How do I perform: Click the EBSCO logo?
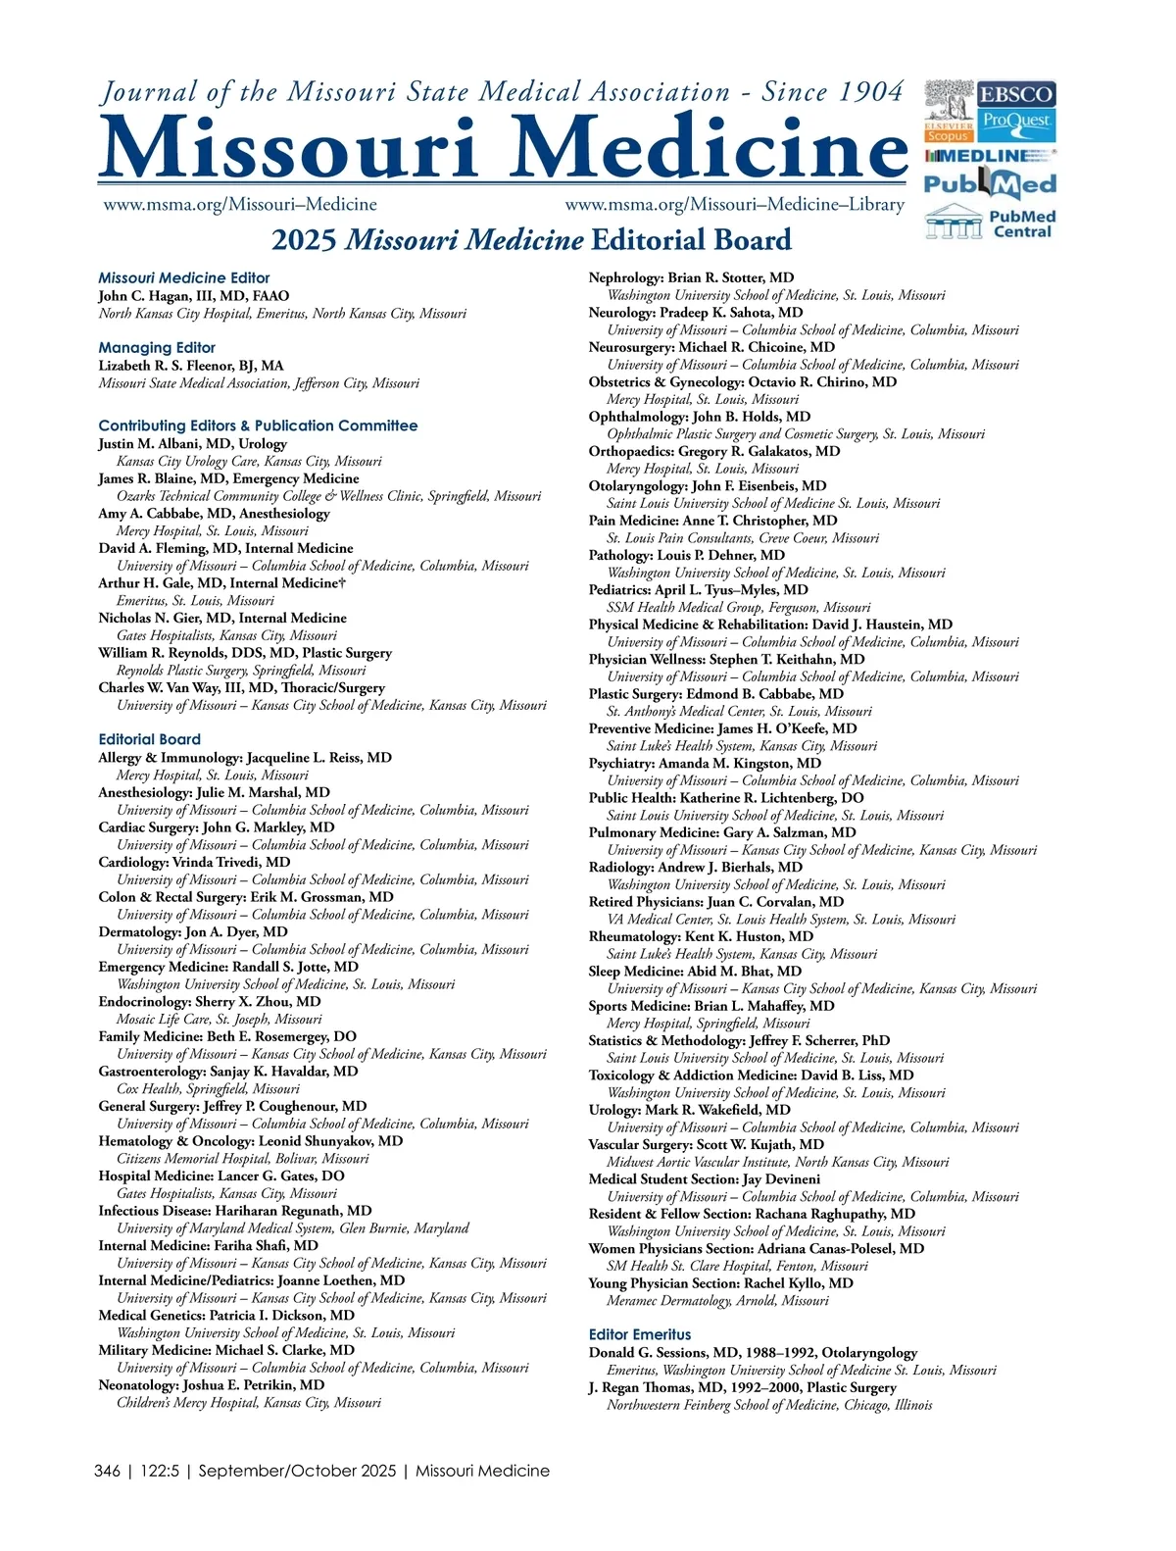(1015, 95)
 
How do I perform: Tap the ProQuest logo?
(1015, 122)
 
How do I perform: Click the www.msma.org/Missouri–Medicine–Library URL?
(734, 205)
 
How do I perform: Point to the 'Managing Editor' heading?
(157, 348)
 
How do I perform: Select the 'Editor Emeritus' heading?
(640, 1334)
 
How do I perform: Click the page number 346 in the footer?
(108, 1471)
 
